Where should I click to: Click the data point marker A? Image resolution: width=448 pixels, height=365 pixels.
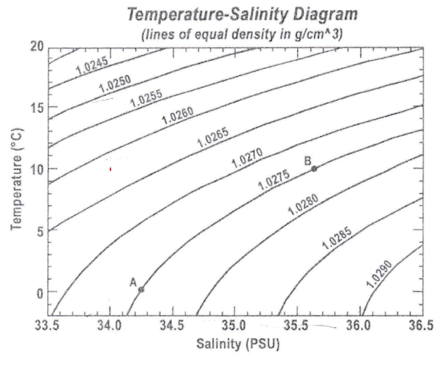point(141,289)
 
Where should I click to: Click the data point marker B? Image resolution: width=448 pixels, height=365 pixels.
point(314,168)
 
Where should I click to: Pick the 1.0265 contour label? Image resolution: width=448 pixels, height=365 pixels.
point(213,139)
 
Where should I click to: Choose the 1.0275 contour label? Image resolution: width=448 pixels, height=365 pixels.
point(274,180)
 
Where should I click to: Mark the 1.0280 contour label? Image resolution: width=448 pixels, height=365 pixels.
point(303,204)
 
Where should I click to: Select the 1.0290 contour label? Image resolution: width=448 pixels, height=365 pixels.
point(379,274)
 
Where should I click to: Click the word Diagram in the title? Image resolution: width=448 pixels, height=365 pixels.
point(325,15)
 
